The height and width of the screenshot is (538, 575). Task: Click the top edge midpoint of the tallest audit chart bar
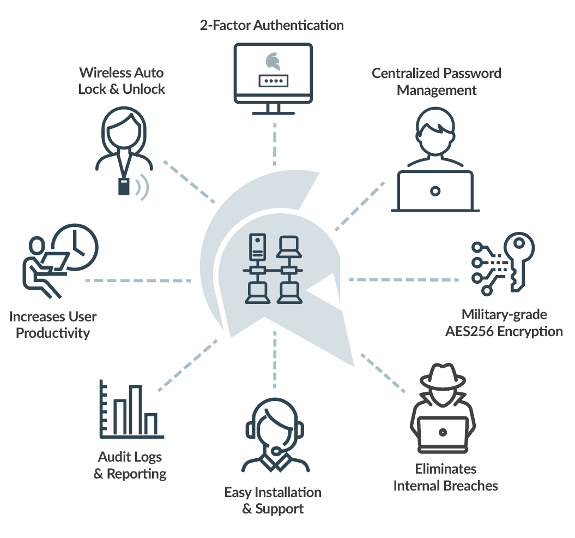coord(135,386)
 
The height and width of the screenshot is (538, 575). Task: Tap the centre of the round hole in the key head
coord(519,243)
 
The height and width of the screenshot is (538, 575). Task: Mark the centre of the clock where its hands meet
coord(75,247)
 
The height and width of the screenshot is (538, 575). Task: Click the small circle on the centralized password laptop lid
coord(435,191)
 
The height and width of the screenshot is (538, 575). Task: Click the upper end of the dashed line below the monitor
coord(275,124)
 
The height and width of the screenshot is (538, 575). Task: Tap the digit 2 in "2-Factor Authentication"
coord(204,25)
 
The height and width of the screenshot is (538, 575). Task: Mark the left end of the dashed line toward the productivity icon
coord(87,280)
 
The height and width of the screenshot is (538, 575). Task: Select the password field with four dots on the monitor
coord(273,81)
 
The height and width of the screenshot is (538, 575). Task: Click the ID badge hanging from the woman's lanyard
coord(124,186)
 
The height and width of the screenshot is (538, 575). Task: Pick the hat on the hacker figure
coord(443,376)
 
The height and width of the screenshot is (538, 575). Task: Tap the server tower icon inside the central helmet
coord(257,247)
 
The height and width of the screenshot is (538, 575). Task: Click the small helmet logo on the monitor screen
coord(273,61)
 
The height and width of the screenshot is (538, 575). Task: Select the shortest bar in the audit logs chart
coord(151,424)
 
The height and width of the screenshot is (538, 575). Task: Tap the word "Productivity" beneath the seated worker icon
coord(53,333)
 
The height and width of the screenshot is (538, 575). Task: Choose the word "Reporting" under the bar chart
coord(136,474)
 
